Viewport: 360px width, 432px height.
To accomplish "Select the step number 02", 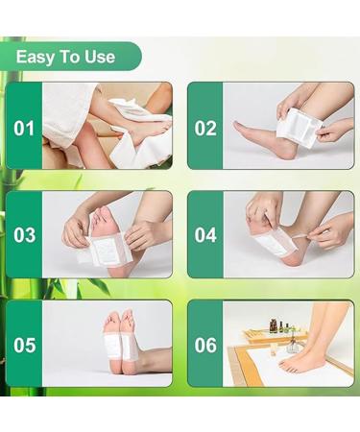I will tap(205, 126).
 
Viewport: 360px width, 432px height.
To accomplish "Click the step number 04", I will tap(205, 235).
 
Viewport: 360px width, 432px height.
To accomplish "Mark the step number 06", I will tap(205, 344).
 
